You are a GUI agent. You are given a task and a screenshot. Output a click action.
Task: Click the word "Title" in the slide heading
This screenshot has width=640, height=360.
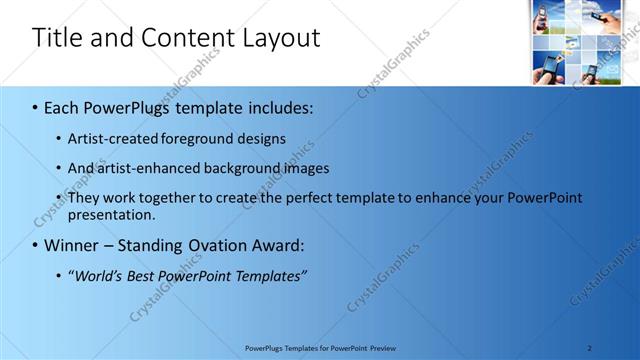coord(55,38)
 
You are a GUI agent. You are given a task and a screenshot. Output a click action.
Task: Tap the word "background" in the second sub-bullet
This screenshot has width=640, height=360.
coord(244,168)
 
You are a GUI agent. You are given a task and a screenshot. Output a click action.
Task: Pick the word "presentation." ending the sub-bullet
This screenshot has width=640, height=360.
coord(112,215)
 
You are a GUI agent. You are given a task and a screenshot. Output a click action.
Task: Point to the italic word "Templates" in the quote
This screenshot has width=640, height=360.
coord(269,276)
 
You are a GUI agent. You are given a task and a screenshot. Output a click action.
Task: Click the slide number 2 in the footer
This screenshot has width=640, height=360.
coord(589,348)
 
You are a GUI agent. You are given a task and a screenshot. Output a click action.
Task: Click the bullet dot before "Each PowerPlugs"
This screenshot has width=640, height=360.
coord(35,106)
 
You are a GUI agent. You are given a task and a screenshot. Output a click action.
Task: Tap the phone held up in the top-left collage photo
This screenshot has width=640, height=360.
coord(545,14)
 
